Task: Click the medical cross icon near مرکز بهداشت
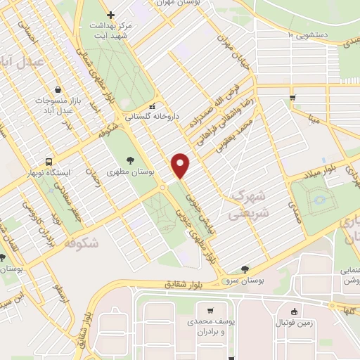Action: pyautogui.click(x=110, y=15)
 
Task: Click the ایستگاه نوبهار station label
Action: pyautogui.click(x=49, y=172)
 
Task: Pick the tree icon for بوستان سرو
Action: pyautogui.click(x=244, y=269)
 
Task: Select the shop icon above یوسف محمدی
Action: pyautogui.click(x=210, y=311)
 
